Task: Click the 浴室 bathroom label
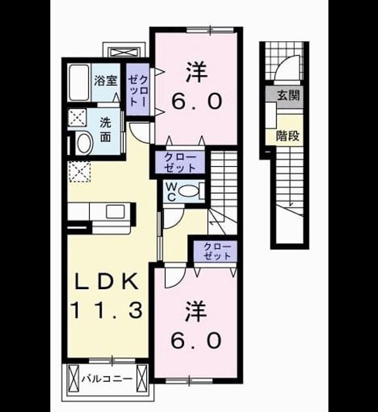click(105, 80)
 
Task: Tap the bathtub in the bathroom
click(79, 82)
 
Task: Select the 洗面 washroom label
click(105, 130)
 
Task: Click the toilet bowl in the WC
click(189, 191)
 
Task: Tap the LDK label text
click(107, 281)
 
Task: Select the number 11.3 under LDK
click(107, 310)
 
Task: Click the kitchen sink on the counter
click(115, 212)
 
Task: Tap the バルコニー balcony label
click(107, 379)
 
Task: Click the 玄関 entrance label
click(288, 95)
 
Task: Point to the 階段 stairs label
click(288, 135)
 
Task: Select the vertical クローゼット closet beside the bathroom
click(138, 90)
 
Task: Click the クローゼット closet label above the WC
click(180, 163)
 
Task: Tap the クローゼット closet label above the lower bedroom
click(217, 252)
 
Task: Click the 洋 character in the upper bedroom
click(197, 72)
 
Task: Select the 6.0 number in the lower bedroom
click(195, 340)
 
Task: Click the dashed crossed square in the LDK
click(79, 172)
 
